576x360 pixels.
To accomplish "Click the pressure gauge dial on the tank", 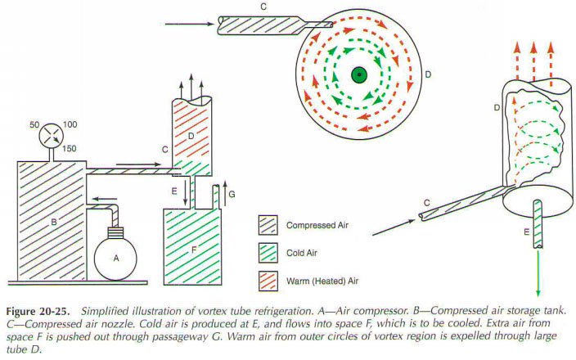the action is click(51, 136).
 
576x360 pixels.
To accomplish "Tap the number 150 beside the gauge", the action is click(69, 149).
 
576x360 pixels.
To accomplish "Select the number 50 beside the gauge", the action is click(34, 125).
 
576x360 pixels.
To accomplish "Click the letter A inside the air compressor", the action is click(116, 259).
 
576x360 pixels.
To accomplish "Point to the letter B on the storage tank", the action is click(54, 223).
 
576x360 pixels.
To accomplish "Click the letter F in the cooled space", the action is click(194, 250).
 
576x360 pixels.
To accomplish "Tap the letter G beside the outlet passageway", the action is click(232, 195).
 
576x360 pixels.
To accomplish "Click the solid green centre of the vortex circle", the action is click(359, 75).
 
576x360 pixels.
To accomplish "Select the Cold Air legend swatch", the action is click(268, 253).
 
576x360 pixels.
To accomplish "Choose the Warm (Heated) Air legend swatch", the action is click(268, 281).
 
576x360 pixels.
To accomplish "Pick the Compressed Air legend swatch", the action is click(268, 225).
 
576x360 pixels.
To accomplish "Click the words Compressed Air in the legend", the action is click(317, 225).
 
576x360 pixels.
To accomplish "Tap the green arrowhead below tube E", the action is click(538, 293).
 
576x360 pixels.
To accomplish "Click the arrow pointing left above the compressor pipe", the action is click(105, 199).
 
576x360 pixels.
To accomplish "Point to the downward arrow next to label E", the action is click(186, 191).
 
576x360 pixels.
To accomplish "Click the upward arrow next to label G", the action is click(225, 192).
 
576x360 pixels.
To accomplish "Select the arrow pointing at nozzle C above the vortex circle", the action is click(190, 25).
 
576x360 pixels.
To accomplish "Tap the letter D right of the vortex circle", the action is click(428, 74).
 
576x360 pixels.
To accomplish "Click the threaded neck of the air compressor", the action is click(115, 232).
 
